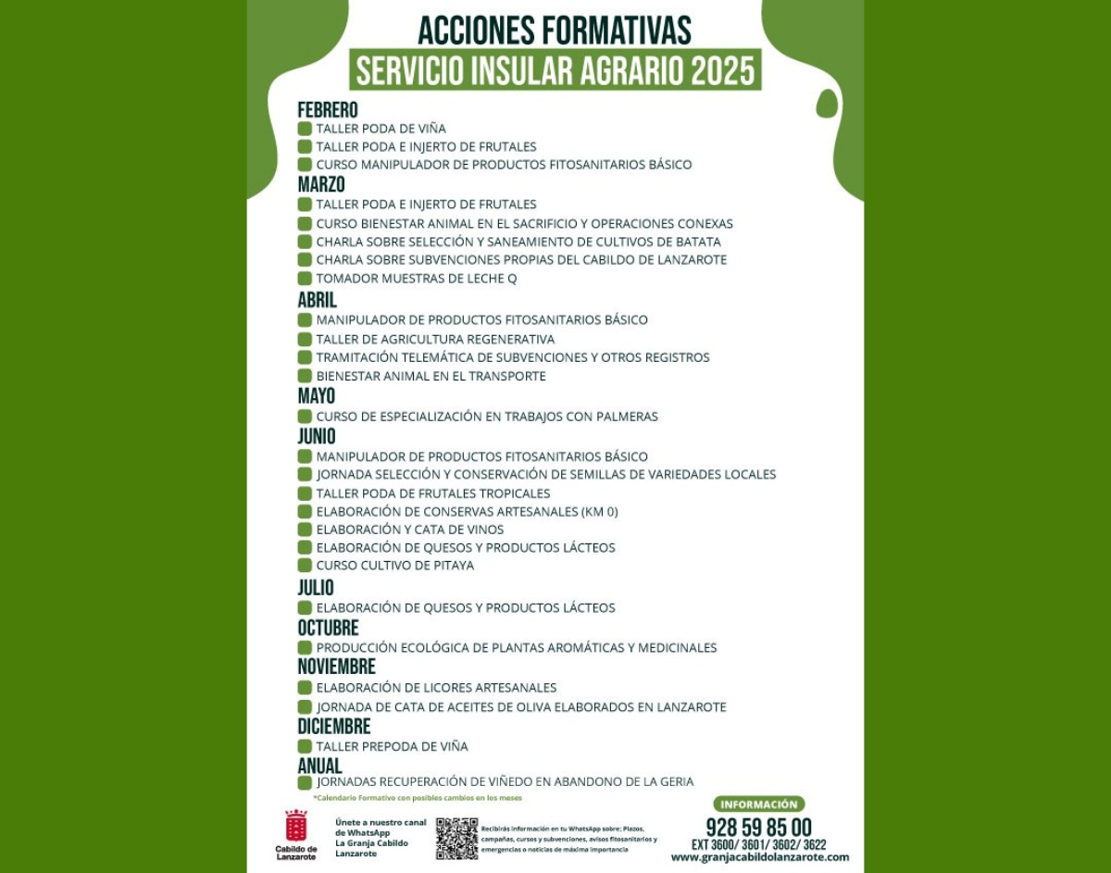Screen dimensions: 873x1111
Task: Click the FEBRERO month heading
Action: pos(327,110)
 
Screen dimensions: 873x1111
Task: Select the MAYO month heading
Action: pos(316,396)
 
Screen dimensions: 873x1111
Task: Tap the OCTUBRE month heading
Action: pos(328,628)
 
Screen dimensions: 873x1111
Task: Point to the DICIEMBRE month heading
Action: pos(333,727)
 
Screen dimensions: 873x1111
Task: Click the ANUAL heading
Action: pos(319,766)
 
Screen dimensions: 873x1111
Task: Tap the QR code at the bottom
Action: pos(456,838)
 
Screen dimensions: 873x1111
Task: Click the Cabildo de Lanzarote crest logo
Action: pos(295,825)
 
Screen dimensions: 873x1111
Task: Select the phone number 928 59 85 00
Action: pos(758,827)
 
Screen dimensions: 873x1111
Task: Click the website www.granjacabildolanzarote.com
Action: pos(759,857)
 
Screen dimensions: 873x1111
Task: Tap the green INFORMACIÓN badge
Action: pos(758,804)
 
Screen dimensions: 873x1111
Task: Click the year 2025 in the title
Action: pos(721,70)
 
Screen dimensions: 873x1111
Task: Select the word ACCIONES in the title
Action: pos(473,31)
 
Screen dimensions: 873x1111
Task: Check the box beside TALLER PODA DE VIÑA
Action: pos(305,129)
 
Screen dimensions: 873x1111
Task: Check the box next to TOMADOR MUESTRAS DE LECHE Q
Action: pos(305,279)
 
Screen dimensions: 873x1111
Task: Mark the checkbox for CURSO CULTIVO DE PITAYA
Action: pos(305,565)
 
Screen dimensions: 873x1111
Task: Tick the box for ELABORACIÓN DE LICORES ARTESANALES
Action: pos(305,688)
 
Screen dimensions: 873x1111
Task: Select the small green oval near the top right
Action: pos(827,104)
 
